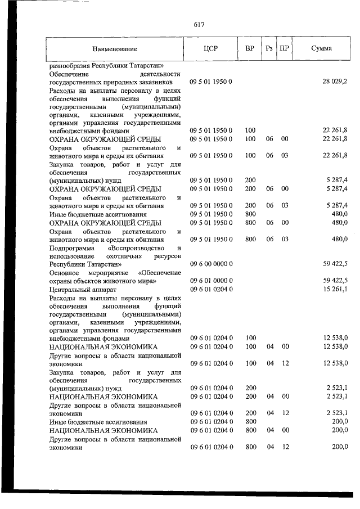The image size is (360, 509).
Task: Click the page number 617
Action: coord(198,24)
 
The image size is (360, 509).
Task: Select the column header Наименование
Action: coord(115,49)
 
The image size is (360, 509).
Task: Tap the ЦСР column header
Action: coord(210,49)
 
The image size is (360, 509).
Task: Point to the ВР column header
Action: coord(250,49)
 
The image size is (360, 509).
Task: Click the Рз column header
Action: coord(269,49)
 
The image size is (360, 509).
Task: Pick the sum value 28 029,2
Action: coord(335,82)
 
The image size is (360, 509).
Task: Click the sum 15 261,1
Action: coord(335,289)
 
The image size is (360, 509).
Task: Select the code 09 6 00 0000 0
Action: coord(211,263)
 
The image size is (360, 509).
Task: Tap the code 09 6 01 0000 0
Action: coord(211,281)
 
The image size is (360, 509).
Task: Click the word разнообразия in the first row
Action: coord(70,65)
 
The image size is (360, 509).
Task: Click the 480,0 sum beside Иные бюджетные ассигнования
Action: coord(339,214)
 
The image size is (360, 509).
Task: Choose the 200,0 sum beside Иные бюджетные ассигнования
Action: coord(339,422)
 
